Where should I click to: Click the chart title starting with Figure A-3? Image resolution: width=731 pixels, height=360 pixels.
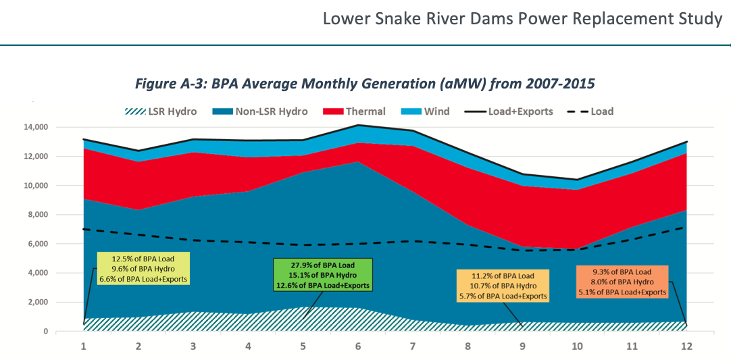coord(365,84)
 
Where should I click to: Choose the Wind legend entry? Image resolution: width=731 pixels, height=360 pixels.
coord(426,111)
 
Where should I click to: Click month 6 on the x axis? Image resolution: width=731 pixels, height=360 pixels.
coord(357,346)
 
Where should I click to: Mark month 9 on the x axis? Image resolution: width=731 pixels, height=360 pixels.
coord(522,346)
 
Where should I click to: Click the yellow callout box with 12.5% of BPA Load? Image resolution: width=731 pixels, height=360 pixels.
coord(143,268)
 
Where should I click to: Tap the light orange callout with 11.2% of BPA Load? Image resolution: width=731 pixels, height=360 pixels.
coord(503,285)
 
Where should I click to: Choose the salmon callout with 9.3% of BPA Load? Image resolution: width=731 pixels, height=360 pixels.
coord(622,282)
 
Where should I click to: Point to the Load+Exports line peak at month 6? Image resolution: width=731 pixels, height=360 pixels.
coord(357,125)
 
